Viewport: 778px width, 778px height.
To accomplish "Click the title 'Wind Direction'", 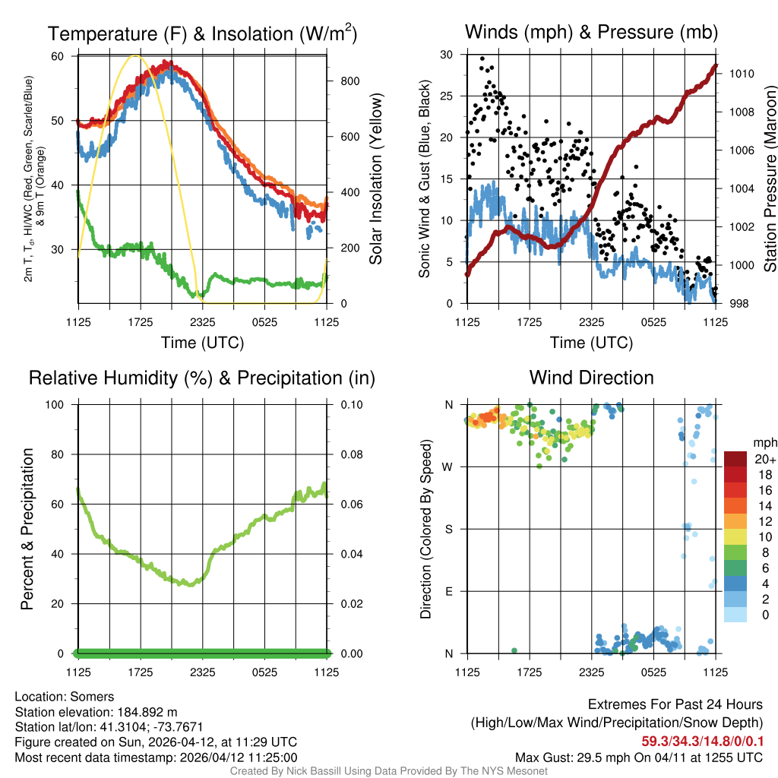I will [591, 378].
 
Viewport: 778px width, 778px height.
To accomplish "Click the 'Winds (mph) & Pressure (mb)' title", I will [591, 32].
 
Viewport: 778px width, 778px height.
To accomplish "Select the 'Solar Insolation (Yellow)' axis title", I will [376, 179].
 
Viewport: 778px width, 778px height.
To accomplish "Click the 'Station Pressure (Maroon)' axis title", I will [770, 179].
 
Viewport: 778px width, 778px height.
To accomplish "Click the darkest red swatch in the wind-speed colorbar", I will [736, 459].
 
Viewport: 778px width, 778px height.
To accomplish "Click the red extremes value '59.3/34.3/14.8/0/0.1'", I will [703, 741].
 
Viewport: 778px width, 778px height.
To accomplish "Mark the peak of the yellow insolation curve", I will [136, 55].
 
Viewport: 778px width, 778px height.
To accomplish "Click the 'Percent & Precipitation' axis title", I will [27, 529].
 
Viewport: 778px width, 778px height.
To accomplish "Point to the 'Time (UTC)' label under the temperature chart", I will [202, 343].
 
